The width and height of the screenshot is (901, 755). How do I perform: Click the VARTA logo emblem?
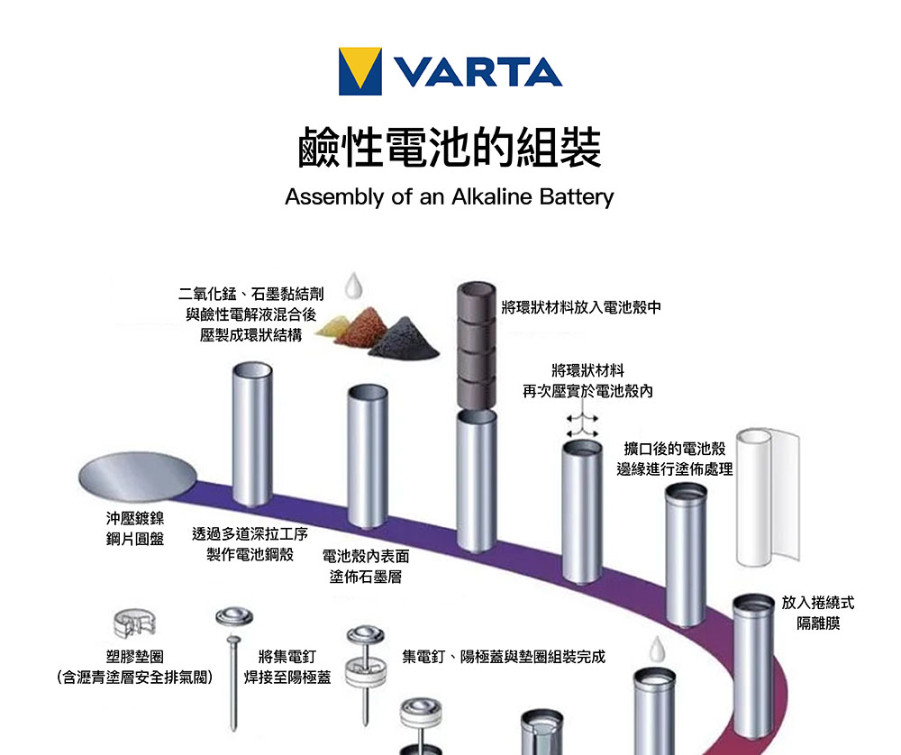359,71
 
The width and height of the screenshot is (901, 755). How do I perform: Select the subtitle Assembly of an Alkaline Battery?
449,196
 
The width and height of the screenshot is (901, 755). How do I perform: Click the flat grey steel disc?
137,475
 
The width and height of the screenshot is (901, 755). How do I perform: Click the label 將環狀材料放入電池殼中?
581,307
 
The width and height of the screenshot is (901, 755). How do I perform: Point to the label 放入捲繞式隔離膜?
817,612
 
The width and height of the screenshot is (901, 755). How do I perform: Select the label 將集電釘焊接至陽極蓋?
287,666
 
